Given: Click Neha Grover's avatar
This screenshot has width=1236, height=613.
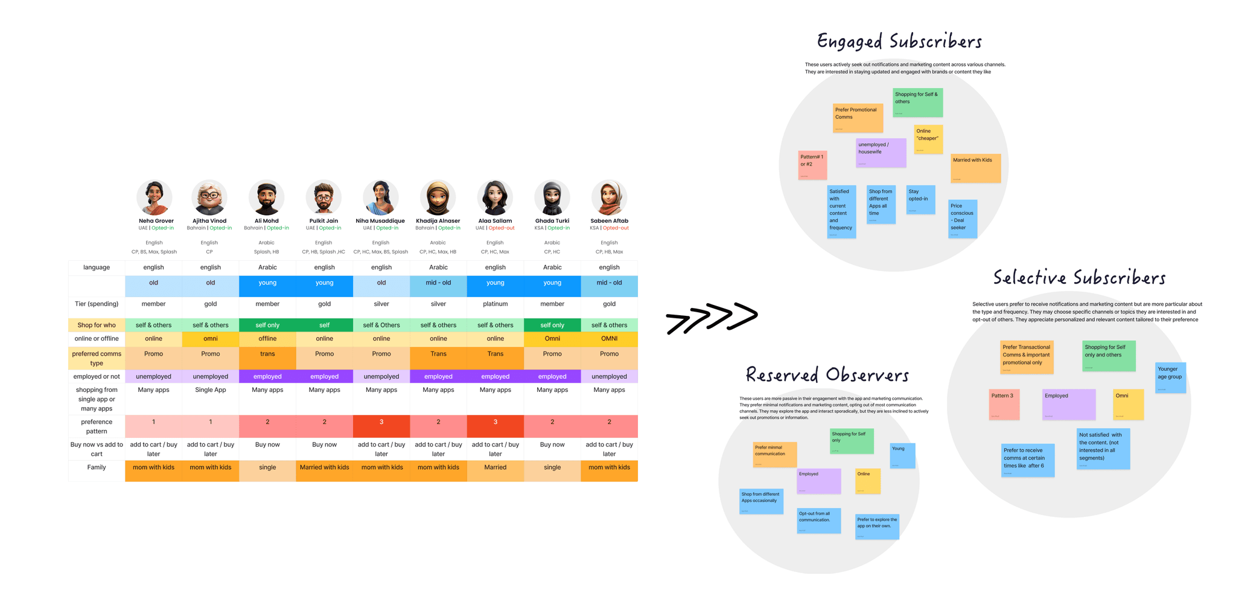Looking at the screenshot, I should (x=154, y=197).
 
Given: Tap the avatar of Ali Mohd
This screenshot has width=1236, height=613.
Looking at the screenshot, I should (x=266, y=197).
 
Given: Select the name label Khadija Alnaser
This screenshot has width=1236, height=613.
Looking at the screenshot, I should (x=438, y=221).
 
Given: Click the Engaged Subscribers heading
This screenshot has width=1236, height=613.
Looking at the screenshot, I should (x=899, y=41).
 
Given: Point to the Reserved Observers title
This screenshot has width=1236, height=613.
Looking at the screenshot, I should (x=827, y=375).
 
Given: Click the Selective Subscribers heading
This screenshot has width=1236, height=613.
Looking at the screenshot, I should (x=1079, y=278).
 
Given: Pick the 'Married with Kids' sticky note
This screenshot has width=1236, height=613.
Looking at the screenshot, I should (x=976, y=168).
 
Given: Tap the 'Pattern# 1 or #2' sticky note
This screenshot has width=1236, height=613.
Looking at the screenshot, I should (x=812, y=165).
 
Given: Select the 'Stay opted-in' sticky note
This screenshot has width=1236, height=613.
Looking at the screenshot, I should (x=921, y=199).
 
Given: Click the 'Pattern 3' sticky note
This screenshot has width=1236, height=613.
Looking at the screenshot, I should (x=1004, y=404).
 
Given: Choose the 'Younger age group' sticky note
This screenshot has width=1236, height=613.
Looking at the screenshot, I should (x=1170, y=377).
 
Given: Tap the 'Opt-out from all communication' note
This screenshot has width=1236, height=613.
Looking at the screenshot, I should (x=818, y=521).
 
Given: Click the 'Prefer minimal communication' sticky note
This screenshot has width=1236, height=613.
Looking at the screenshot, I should (x=774, y=454).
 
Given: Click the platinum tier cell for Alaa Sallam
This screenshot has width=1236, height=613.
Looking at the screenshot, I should (x=495, y=304).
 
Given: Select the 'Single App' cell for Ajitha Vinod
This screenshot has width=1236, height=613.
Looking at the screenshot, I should (x=211, y=390).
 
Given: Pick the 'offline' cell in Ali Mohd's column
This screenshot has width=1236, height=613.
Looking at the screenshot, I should (x=267, y=339).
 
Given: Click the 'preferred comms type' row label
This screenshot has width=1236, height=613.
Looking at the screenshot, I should (x=97, y=358).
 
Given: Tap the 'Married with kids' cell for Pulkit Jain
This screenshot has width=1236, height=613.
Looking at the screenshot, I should (x=324, y=467).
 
